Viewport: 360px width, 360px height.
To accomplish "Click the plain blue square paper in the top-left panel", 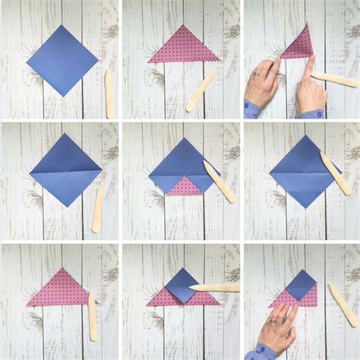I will [62, 60].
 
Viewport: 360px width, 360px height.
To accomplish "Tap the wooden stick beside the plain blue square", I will [109, 93].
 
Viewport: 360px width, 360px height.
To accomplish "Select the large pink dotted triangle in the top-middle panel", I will [183, 47].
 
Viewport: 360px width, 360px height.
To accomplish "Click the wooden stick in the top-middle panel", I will [201, 90].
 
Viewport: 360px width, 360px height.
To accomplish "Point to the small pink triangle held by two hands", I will [298, 45].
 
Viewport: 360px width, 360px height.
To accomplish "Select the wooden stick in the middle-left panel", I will [98, 205].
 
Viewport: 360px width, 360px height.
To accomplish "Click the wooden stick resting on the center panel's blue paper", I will [219, 181].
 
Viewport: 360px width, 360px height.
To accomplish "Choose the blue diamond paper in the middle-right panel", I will [301, 171].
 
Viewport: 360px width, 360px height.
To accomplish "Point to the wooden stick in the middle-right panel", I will [335, 174].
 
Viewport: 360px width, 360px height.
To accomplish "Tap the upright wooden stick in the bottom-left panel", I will [92, 315].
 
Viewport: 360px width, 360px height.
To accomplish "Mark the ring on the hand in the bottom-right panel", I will [272, 322].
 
